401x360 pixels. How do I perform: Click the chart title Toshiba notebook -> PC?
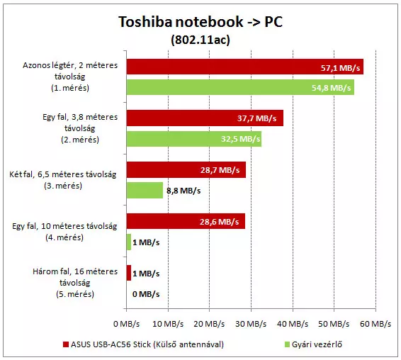coord(200,21)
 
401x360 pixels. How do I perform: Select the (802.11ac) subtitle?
coord(200,40)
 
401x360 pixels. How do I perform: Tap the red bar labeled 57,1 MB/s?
coord(245,67)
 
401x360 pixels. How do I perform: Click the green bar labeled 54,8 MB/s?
coord(240,87)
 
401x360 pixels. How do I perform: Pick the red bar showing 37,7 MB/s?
coord(205,118)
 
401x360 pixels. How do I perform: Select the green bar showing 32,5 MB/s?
coord(194,139)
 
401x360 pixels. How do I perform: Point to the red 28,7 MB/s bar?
coord(186,169)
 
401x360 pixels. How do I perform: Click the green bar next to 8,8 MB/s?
coord(145,190)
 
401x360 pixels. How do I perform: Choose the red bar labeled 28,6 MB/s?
coord(186,221)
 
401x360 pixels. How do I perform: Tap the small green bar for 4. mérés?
coord(129,242)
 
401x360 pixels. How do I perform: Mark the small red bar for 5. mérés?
coord(129,273)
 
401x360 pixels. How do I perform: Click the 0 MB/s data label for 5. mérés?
coord(146,294)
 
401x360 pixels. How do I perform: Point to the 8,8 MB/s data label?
coord(183,191)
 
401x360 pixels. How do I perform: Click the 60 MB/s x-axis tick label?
coord(375,324)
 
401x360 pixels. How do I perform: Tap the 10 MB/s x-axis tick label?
coord(168,324)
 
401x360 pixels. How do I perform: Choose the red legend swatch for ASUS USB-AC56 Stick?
coord(66,344)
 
